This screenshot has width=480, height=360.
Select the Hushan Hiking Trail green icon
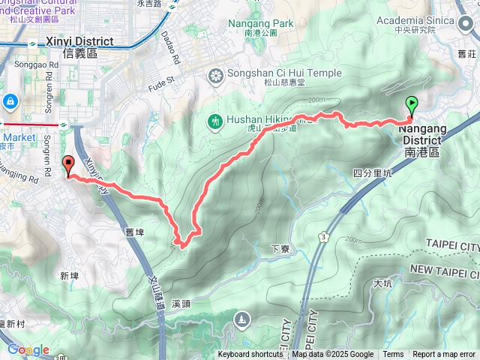[214, 121]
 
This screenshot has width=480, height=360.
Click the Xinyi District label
[79, 46]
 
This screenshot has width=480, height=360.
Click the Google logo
[27, 349]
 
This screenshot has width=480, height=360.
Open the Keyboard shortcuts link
[250, 355]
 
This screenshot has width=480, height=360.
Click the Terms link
[393, 355]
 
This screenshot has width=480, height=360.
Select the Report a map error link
[444, 355]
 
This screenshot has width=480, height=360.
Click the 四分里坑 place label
[372, 172]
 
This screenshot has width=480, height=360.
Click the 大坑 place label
[381, 283]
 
